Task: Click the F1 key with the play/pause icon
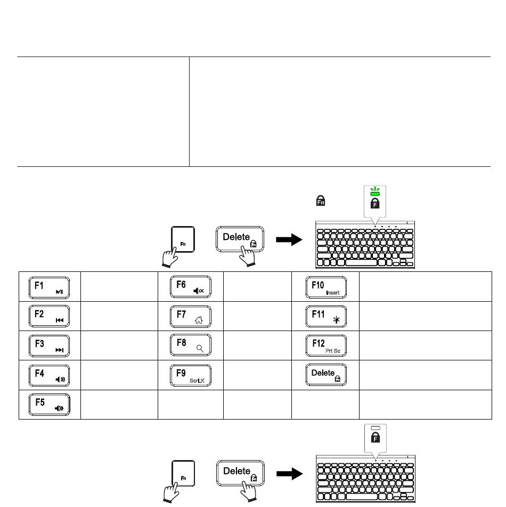click(x=50, y=287)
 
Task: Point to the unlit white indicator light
click(x=376, y=428)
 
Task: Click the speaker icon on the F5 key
click(x=59, y=409)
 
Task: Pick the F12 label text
click(x=319, y=343)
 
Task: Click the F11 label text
click(x=318, y=314)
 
